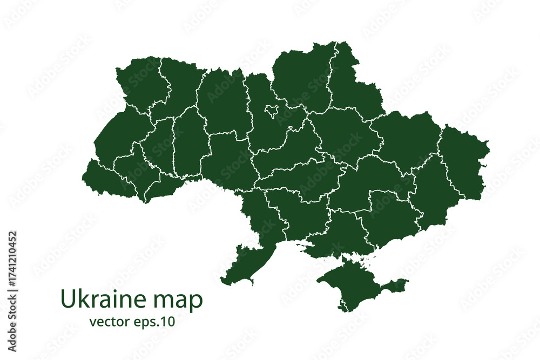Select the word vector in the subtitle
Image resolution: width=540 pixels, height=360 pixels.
[108, 322]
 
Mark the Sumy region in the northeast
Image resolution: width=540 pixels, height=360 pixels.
[354, 81]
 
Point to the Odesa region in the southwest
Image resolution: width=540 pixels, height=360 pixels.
[254, 237]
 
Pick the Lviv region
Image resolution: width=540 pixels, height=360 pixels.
[116, 138]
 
